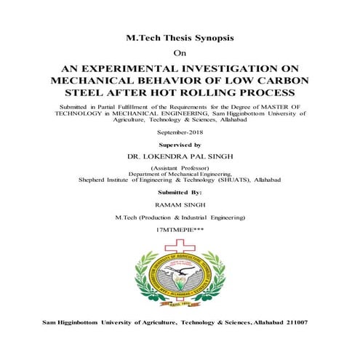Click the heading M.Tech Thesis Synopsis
tap(180, 38)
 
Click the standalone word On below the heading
tap(180, 53)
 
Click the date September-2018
tap(180, 134)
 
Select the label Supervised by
tap(180, 145)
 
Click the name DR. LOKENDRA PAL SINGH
tap(180, 157)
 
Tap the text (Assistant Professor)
tap(180, 169)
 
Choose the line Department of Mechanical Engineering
tap(180, 175)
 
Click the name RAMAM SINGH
tap(180, 206)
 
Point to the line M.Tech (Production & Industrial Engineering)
tap(180, 217)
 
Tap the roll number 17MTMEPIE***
tap(180, 229)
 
